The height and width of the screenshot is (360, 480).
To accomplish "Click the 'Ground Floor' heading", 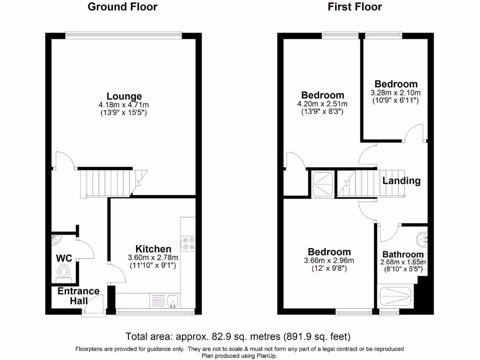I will pyautogui.click(x=122, y=7).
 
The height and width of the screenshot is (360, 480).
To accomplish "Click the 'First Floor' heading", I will pyautogui.click(x=355, y=7).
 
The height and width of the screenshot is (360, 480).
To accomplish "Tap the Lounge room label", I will pyautogui.click(x=124, y=97).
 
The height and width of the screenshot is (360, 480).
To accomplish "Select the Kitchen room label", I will pyautogui.click(x=153, y=249).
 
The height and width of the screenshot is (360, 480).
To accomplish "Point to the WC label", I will pyautogui.click(x=64, y=258).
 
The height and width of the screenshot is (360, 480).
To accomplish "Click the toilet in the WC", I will pyautogui.click(x=63, y=272).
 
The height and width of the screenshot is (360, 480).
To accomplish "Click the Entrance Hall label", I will pyautogui.click(x=78, y=295).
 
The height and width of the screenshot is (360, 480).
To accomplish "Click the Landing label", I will pyautogui.click(x=401, y=180).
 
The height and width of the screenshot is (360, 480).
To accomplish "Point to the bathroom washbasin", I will pyautogui.click(x=423, y=239).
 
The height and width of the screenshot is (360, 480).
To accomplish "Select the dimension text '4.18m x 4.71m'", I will pyautogui.click(x=124, y=105).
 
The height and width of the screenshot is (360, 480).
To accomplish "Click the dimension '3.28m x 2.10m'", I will pyautogui.click(x=396, y=93).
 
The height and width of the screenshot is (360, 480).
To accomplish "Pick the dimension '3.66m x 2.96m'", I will pyautogui.click(x=329, y=261).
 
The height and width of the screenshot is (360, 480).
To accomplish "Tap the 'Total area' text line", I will pyautogui.click(x=238, y=336).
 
